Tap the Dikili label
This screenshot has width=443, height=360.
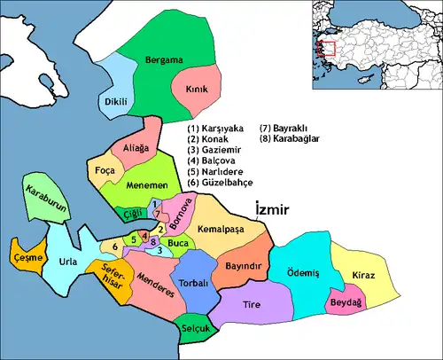(x=117, y=102)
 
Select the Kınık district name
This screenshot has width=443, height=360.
(x=196, y=90)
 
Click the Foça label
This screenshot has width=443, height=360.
(x=105, y=168)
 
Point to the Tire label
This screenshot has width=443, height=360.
(x=252, y=304)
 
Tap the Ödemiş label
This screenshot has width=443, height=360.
(x=301, y=272)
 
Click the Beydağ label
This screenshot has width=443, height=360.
(x=345, y=301)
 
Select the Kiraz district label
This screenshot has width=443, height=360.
(x=363, y=276)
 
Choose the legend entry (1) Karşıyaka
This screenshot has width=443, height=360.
(x=220, y=129)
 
